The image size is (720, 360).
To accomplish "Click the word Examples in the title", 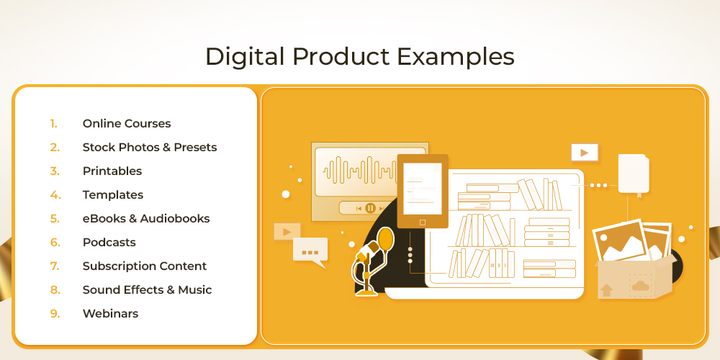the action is click(x=456, y=58).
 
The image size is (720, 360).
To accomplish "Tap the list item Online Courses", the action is click(x=127, y=124).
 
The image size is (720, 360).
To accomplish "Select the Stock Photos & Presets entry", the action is click(x=150, y=148).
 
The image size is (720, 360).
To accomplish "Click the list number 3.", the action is click(x=55, y=171).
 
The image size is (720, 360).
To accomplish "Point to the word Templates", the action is click(x=113, y=195).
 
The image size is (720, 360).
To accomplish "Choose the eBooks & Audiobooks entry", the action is click(x=146, y=219).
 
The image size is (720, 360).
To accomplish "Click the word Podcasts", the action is click(x=109, y=243).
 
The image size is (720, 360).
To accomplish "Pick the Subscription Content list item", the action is click(x=145, y=266).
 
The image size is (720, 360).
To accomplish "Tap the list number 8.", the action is click(x=55, y=290).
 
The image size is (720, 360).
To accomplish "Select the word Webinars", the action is click(x=110, y=314).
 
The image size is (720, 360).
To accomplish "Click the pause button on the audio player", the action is click(x=371, y=208).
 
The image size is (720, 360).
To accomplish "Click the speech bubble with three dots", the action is click(x=310, y=252).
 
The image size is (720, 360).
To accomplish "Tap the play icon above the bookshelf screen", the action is click(x=585, y=153).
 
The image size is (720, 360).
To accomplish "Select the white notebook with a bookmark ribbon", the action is click(x=634, y=174).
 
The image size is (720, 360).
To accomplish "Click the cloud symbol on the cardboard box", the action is click(x=640, y=287).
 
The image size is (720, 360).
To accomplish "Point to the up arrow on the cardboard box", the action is click(x=606, y=290).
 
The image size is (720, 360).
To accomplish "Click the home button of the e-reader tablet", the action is click(x=423, y=222).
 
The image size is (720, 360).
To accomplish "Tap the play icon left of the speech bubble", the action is click(x=287, y=231).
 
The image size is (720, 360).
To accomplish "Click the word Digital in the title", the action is click(x=244, y=58).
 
